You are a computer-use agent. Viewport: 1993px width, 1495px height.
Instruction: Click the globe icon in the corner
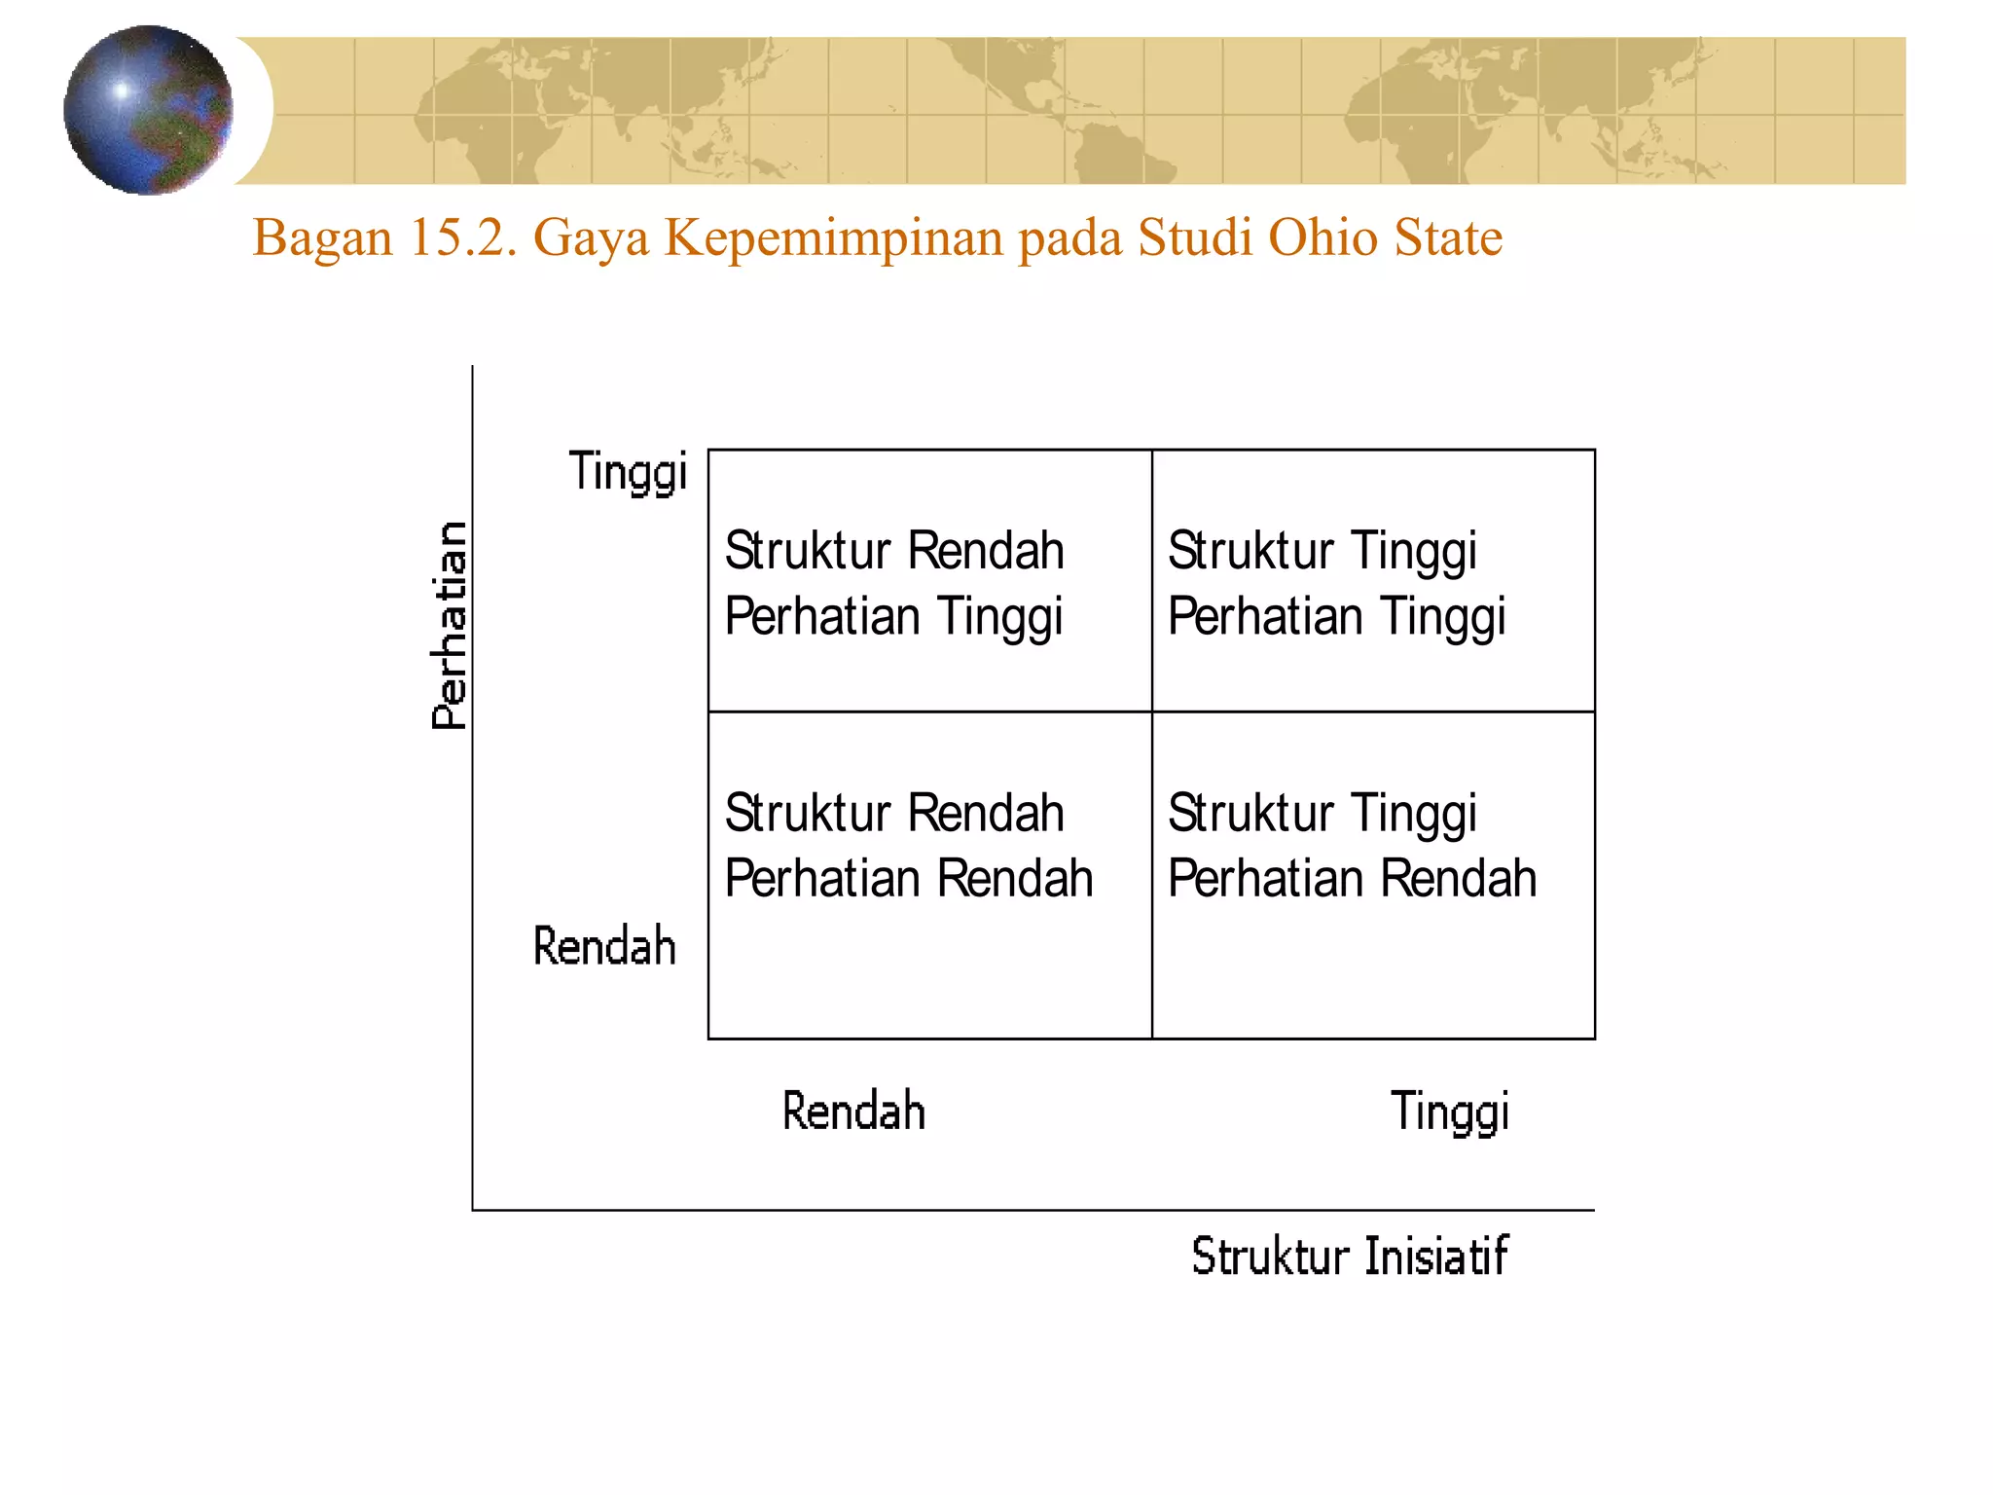coord(148,110)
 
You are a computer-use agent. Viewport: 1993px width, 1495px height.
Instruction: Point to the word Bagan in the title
coord(322,238)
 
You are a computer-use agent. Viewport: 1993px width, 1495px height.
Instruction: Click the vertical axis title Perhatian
coord(450,626)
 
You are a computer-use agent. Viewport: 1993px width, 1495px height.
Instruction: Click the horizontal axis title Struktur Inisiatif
coord(1350,1256)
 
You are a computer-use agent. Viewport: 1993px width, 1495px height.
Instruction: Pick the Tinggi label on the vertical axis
coord(628,472)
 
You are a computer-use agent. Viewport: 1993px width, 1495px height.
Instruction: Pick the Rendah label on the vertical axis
coord(604,946)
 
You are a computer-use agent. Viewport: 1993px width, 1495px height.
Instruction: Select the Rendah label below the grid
coord(853,1112)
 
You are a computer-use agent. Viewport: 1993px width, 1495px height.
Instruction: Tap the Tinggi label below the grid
coord(1450,1112)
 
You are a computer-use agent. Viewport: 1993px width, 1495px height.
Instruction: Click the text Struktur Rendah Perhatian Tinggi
coord(894,584)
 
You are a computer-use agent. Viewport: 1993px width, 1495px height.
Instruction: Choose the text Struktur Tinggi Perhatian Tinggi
coord(1336,584)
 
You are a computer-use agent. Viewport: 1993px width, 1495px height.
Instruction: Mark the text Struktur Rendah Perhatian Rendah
coord(909,846)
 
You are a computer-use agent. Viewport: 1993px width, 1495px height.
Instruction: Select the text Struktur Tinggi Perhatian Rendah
coord(1352,846)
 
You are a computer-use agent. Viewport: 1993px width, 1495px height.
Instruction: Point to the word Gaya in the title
coord(591,238)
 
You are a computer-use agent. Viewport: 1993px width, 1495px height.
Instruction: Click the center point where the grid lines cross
coord(1152,711)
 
